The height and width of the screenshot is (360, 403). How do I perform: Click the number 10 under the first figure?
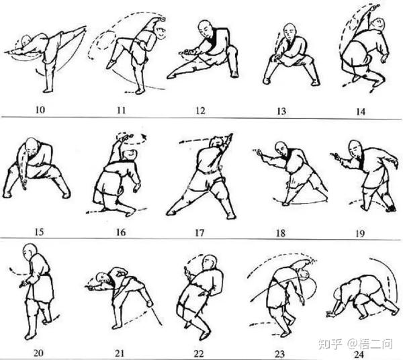tap(40, 109)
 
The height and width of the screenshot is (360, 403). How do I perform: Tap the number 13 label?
tap(281, 111)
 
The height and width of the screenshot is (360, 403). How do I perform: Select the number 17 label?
tap(199, 233)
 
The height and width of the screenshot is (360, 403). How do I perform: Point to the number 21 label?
tap(120, 353)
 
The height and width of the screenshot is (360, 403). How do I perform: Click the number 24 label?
tap(359, 355)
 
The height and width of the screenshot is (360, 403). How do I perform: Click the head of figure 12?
tap(206, 29)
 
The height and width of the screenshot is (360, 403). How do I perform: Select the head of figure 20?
tap(29, 251)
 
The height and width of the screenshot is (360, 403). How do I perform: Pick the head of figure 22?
tap(210, 263)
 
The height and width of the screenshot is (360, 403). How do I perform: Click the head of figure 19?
tap(355, 148)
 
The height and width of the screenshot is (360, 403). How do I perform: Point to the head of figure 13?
tap(290, 32)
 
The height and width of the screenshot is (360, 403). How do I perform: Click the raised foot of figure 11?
tap(111, 64)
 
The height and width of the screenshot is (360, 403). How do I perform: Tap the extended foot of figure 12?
tap(171, 75)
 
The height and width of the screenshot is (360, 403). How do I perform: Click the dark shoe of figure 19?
tap(391, 208)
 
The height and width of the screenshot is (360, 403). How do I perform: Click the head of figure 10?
tap(26, 40)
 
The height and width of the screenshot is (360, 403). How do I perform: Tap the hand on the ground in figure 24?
tap(330, 313)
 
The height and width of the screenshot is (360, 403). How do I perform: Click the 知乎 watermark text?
tap(330, 344)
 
